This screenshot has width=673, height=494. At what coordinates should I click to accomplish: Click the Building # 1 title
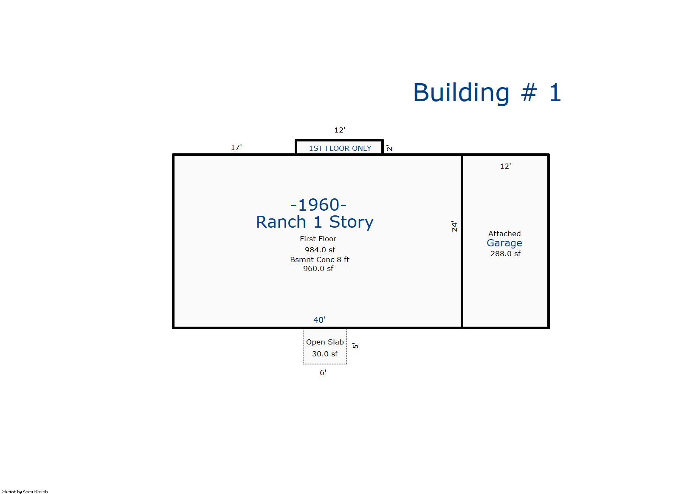pos(487,93)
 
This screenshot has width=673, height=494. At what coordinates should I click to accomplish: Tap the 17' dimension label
pos(236,147)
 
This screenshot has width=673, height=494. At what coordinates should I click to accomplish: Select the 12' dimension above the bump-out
pos(340,130)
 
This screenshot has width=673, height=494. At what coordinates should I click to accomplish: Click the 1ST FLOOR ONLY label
pos(340,148)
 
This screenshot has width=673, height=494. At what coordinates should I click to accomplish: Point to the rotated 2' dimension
pos(389,148)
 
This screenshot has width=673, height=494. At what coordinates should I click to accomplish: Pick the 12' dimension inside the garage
pos(505,166)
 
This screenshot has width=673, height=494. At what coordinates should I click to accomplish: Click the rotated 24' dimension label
pos(454,226)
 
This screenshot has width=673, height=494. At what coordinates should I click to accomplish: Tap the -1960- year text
pos(318,205)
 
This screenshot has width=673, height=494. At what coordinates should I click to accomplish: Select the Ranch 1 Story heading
pos(315,222)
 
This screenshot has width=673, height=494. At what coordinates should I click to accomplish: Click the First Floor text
pos(318,239)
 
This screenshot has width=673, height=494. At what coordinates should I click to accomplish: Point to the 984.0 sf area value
pos(320,250)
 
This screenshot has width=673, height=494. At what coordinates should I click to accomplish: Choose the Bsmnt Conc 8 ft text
pos(319,260)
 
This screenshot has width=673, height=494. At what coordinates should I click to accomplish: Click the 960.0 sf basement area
pos(318,268)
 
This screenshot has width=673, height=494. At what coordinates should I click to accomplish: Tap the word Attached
pos(504,234)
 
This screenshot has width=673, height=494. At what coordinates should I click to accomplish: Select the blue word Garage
pos(504,243)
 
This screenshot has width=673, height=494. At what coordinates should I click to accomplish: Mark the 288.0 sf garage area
pos(505,254)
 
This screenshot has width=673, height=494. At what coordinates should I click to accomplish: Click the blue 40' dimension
pos(319,320)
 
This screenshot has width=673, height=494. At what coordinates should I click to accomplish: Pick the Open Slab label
pos(325,342)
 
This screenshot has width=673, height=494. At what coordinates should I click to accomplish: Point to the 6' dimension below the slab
pos(323,373)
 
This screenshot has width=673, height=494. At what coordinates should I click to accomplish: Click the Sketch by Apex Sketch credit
pos(25,491)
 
